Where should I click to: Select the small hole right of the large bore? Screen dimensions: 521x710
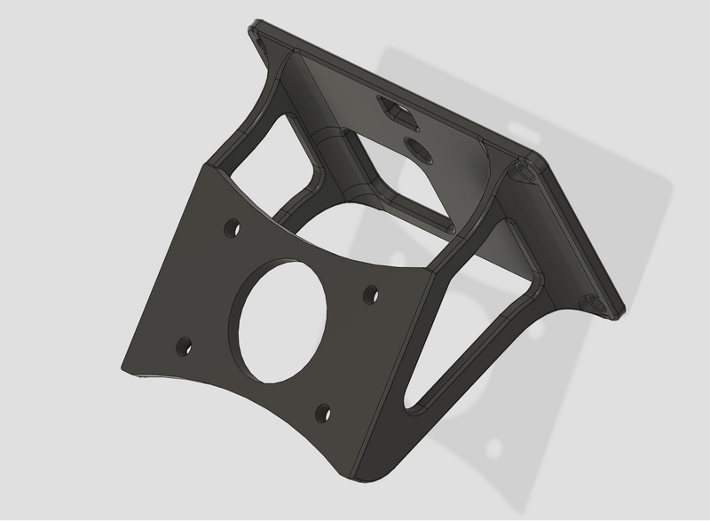click(x=371, y=291)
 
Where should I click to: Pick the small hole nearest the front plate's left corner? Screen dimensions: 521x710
click(x=184, y=345)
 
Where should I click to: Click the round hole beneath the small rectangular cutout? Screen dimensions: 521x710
click(x=416, y=147)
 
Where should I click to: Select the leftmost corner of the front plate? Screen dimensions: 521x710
click(x=124, y=366)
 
